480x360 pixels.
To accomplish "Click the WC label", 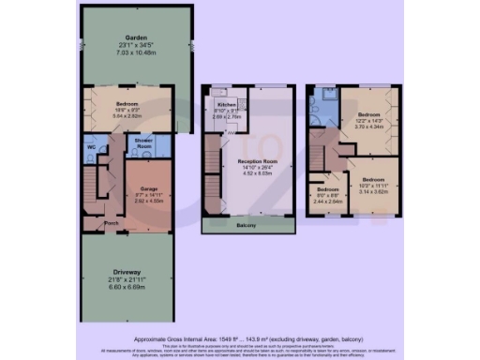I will [x=91, y=147].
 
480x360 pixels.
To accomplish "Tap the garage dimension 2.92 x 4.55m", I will [x=147, y=202].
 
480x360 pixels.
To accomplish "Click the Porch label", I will [x=112, y=224].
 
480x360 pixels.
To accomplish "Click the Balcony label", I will [x=248, y=227].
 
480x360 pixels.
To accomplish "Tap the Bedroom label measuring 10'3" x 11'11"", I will [x=374, y=178].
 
